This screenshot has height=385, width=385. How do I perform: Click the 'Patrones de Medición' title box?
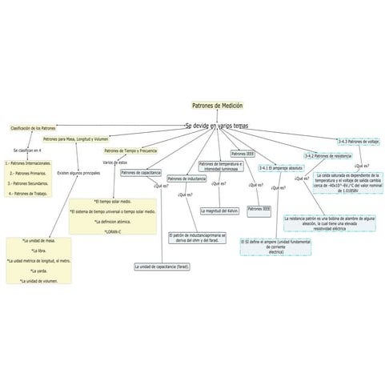[x=217, y=106]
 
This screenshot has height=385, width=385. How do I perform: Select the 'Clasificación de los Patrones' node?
[x=33, y=128]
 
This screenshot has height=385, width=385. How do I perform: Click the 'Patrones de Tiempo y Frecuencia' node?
[x=130, y=150]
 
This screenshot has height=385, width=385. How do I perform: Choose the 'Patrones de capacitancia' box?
[x=141, y=172]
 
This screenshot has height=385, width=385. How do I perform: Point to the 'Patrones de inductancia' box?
[x=186, y=178]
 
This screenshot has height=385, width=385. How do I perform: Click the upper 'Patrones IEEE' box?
[x=243, y=153]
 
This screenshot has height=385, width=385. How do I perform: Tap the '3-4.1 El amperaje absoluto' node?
[x=280, y=168]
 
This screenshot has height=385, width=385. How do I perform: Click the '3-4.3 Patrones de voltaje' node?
[x=358, y=142]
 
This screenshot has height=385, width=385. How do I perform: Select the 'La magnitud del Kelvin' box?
[x=220, y=211]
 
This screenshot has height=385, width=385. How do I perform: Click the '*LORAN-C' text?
[x=112, y=232]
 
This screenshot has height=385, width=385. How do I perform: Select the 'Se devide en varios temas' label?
[x=216, y=126]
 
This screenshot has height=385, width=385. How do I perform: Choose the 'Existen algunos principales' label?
[x=78, y=173]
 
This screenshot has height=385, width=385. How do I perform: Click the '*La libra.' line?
[x=38, y=251]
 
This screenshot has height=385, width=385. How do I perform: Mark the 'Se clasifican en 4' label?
[x=28, y=150]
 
